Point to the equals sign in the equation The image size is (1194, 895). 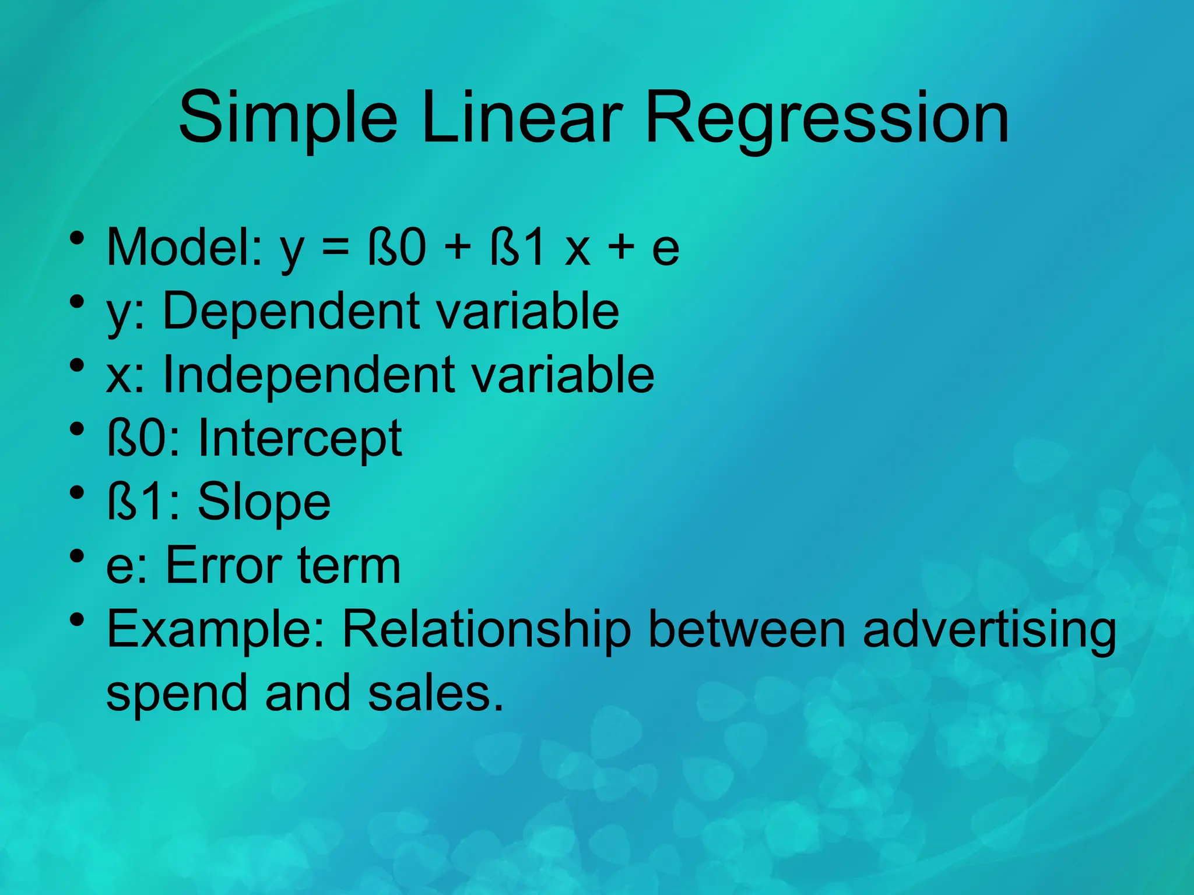336,247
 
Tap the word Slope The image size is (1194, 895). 264,502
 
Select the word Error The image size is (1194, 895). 224,565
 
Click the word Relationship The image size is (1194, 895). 486,630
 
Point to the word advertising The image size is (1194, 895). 989,630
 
